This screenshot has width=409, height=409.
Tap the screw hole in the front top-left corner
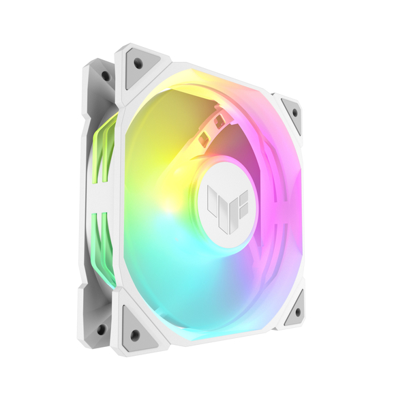tap(138, 63)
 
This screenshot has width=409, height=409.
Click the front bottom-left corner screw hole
tap(134, 334)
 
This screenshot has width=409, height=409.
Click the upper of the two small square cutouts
tap(219, 120)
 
